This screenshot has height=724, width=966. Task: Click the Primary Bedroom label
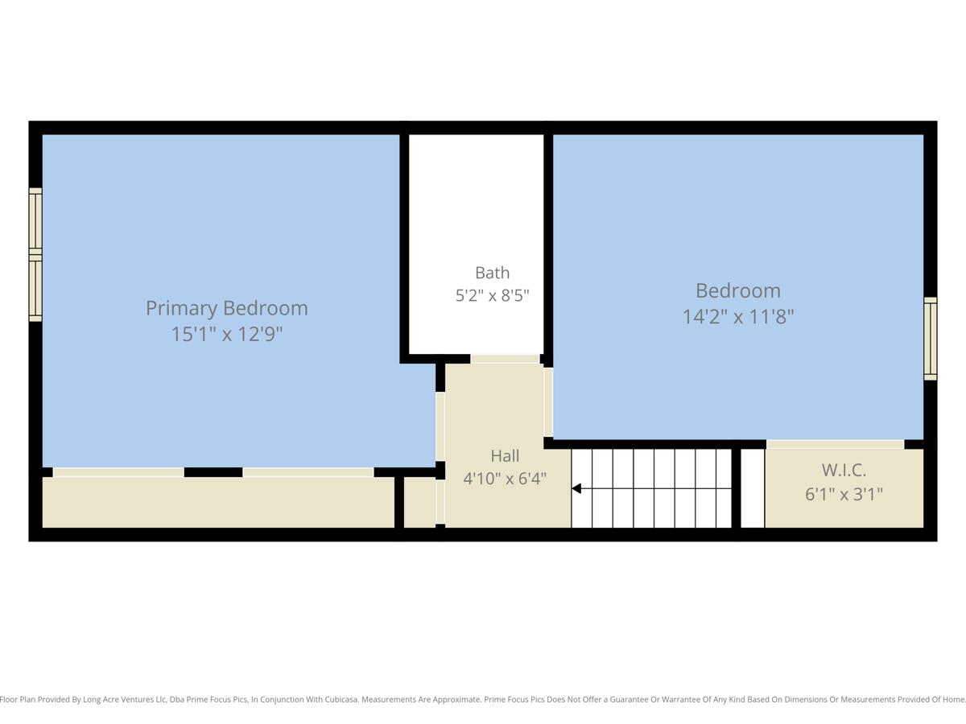click(227, 309)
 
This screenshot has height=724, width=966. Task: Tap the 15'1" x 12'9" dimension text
click(227, 334)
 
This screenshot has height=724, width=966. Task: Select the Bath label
click(493, 273)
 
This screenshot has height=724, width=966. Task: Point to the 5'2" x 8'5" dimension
click(493, 295)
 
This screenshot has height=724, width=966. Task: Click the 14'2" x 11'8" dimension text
click(738, 316)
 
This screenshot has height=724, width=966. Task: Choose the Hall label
click(505, 456)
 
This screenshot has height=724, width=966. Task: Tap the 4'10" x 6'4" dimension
click(505, 479)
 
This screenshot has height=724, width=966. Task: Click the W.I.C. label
click(844, 471)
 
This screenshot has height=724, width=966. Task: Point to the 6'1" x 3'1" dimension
click(844, 495)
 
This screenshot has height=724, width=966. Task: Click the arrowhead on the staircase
click(576, 488)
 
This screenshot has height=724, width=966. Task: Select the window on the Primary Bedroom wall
click(35, 254)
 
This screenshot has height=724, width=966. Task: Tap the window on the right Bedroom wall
click(930, 339)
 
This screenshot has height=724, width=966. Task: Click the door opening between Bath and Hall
click(506, 359)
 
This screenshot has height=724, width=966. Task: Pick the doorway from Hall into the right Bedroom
click(548, 401)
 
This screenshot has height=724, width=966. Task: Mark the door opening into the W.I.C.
click(836, 444)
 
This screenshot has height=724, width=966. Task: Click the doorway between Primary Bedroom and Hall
click(440, 426)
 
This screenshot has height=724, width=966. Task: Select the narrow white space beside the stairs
click(753, 488)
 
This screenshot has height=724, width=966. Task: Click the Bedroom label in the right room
click(738, 291)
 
